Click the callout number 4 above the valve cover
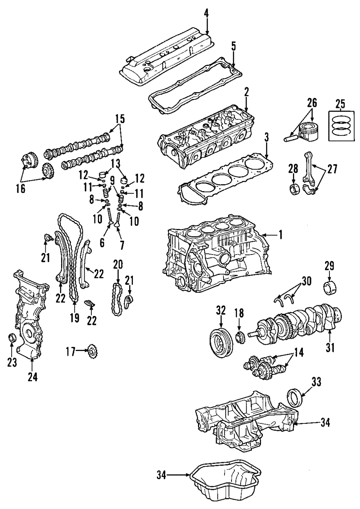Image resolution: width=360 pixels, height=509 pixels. pos(206,14)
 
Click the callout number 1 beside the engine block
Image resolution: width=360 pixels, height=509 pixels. pos(280,235)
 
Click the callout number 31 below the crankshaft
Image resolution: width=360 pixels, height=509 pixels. pos(330,348)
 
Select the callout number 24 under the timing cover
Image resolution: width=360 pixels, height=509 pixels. pos(32,377)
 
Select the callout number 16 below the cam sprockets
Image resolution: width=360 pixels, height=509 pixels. pos(21,189)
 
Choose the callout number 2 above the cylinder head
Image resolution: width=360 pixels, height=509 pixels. pos(246,92)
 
